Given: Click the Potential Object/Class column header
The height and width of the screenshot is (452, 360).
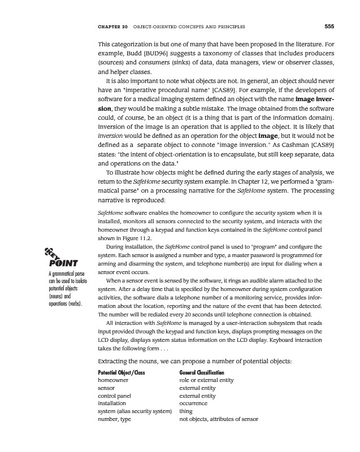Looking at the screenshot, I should click(x=124, y=373).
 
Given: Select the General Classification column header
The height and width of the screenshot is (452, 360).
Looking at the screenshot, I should click(x=201, y=373).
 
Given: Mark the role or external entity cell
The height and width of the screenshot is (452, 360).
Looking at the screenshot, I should click(x=207, y=381).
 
